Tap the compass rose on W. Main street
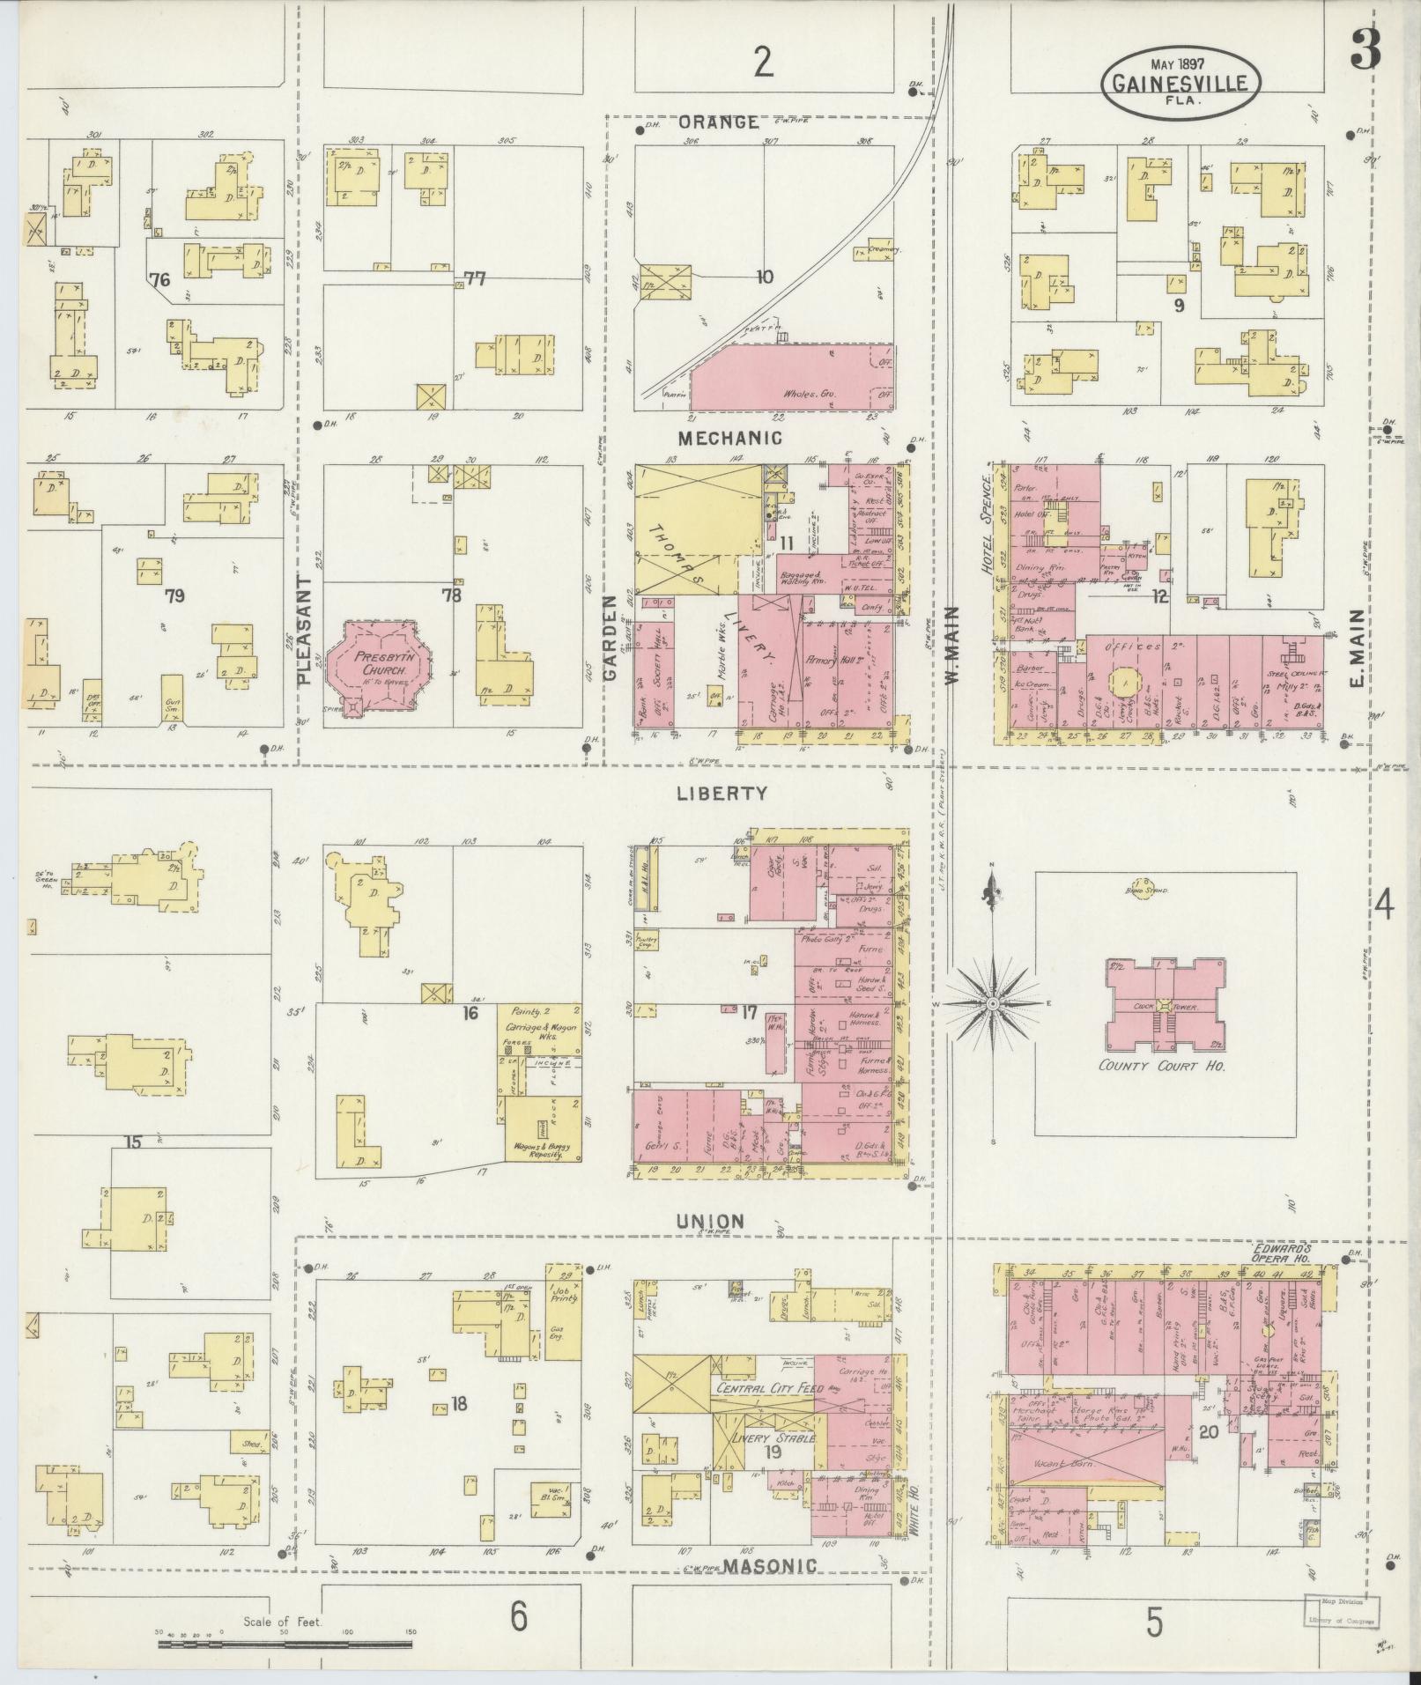tap(994, 1003)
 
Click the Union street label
tap(710, 1221)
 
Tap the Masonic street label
tap(770, 1564)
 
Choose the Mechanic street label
tap(729, 437)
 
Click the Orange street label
tap(718, 122)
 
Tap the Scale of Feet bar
tap(286, 1643)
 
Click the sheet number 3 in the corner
tap(1365, 49)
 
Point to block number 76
tap(159, 280)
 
